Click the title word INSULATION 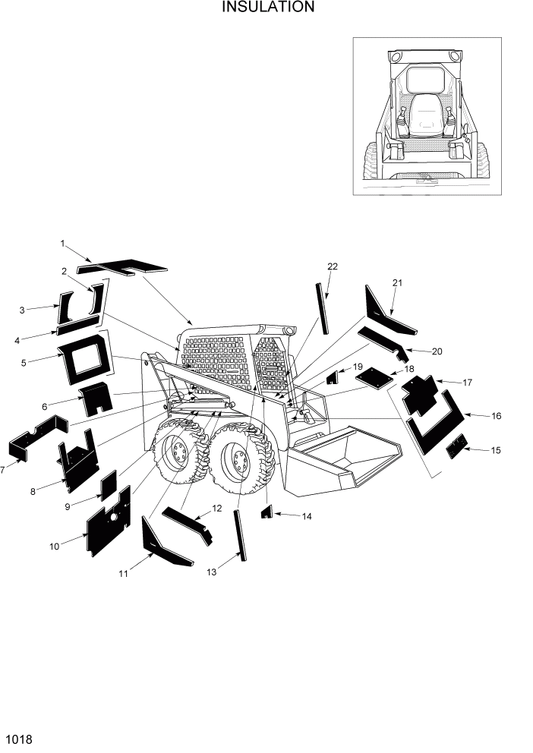click(267, 8)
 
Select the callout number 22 click(333, 266)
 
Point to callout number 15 click(496, 451)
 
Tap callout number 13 click(211, 572)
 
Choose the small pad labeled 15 click(456, 447)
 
